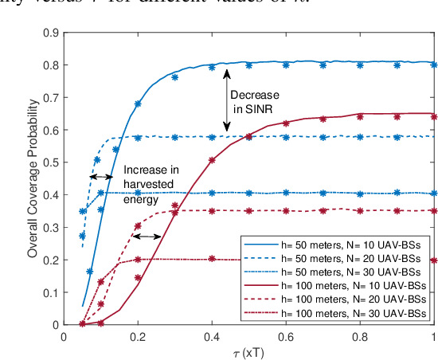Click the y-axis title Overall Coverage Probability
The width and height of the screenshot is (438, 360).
pos(33,178)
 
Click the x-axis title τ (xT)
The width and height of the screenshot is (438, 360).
pos(248,351)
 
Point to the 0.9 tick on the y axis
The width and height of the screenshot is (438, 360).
pos(53,32)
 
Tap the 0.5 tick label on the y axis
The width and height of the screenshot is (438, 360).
pos(53,162)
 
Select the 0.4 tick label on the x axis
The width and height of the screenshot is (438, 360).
pos(212,335)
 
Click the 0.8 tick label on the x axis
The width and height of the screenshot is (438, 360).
pos(360,335)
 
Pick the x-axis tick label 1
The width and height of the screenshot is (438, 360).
pos(433,335)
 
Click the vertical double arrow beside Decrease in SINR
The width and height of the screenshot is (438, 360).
pos(227,99)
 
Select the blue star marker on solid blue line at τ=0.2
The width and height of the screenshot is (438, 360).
pos(138,104)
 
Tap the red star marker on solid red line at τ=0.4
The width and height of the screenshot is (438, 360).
pos(212,160)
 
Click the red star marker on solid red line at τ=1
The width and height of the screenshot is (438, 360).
pos(433,115)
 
